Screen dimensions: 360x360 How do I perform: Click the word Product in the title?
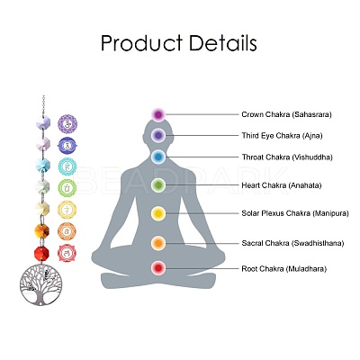tap(141, 44)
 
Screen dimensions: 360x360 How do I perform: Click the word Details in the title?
tap(222, 42)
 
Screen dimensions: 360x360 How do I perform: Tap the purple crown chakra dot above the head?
tap(158, 114)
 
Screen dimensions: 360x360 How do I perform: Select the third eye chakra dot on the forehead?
tap(158, 135)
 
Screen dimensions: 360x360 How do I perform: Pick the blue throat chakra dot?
tap(158, 157)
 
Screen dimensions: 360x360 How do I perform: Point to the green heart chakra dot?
tap(158, 184)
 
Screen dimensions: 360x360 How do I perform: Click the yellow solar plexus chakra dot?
tap(158, 213)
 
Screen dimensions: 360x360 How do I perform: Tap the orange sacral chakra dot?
tap(158, 243)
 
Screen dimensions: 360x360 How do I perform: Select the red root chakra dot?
tap(158, 268)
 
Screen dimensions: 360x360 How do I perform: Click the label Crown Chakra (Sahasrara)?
tap(287, 114)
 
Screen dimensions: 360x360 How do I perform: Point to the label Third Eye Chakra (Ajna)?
tap(283, 136)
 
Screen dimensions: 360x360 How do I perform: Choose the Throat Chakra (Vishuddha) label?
tap(287, 157)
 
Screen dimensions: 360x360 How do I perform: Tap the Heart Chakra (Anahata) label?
tap(282, 185)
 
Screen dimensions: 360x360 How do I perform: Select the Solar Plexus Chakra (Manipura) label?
tap(295, 213)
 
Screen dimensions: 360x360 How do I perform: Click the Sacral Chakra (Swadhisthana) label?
tap(292, 243)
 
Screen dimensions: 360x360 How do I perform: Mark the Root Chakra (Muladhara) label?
tap(284, 269)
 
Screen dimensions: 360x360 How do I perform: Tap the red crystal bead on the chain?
tap(41, 254)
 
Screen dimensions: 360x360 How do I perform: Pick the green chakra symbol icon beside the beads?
tap(67, 188)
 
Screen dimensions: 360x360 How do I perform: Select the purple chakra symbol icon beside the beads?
tap(67, 123)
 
